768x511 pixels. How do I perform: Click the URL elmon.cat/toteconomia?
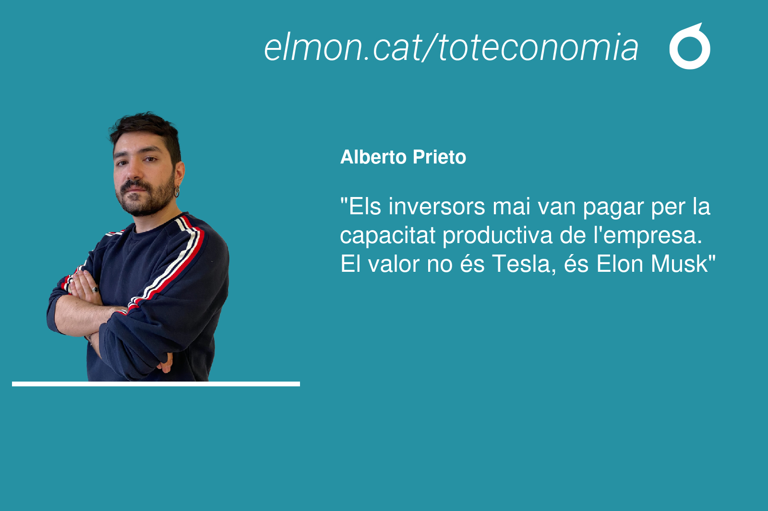click(x=451, y=47)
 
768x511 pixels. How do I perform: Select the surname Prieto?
click(x=440, y=157)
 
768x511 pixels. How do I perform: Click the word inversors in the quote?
click(x=437, y=207)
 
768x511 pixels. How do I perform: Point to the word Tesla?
click(x=523, y=264)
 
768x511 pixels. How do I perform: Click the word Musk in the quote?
click(x=680, y=264)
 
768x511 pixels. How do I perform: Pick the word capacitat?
click(x=388, y=236)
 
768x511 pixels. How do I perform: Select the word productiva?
click(x=497, y=236)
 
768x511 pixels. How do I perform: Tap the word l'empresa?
click(x=648, y=236)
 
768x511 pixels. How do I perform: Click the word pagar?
click(x=613, y=208)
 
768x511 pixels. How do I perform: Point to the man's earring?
click(x=177, y=191)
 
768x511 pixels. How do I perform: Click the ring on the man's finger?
click(x=95, y=290)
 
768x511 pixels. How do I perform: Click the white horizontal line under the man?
click(x=156, y=384)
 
